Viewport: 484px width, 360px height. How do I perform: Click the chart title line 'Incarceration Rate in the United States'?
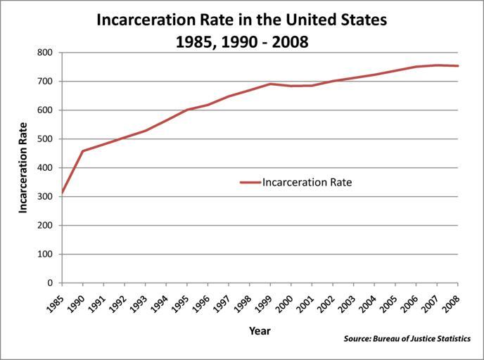[241, 20]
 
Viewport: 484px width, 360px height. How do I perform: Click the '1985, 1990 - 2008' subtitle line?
[241, 41]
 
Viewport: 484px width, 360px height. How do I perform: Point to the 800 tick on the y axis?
[45, 53]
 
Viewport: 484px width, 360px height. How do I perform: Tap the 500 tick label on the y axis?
[45, 139]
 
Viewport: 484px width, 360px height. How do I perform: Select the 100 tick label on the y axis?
[45, 255]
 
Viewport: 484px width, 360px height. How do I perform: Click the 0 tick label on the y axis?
[49, 283]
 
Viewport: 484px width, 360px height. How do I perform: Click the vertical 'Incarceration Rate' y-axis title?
[23, 167]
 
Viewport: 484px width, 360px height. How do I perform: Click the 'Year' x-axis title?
[260, 330]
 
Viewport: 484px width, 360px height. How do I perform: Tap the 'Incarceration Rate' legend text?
[307, 182]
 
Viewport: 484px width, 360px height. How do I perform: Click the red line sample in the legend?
[250, 182]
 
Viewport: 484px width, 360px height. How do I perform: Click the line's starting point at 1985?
[63, 192]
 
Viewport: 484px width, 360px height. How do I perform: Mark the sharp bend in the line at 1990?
[83, 151]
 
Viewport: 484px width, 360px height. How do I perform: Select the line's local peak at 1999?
[270, 84]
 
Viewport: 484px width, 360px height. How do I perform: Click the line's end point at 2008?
[457, 66]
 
